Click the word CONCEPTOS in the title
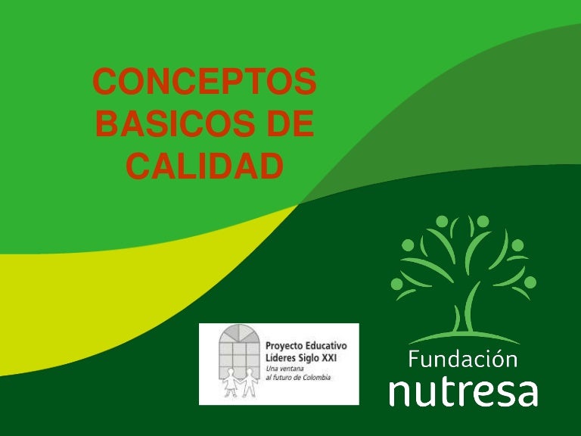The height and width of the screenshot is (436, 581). coord(204,84)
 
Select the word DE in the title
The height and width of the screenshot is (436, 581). coord(288,125)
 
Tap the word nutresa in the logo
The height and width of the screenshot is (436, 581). coord(463,391)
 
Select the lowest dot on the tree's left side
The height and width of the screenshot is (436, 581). coord(396,285)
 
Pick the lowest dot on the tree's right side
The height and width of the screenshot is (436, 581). coord(530,282)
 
